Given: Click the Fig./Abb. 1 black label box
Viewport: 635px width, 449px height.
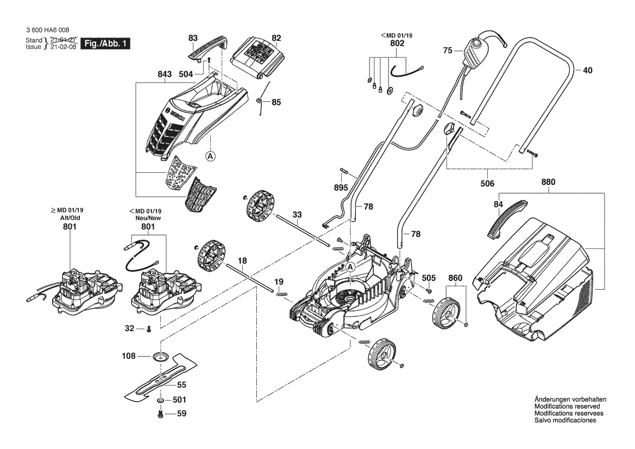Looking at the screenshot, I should (x=105, y=43).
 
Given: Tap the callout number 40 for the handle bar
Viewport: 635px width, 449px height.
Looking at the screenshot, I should (x=589, y=70).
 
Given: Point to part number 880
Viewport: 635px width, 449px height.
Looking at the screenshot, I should (x=548, y=184).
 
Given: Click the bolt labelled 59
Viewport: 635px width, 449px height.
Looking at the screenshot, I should (x=161, y=414).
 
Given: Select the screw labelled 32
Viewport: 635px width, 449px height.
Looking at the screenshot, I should (x=148, y=328).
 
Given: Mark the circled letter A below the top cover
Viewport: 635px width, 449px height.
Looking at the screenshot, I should (x=211, y=156).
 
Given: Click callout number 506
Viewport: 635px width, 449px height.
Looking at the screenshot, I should (x=488, y=184).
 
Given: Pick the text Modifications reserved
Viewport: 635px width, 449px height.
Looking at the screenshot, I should (x=567, y=407).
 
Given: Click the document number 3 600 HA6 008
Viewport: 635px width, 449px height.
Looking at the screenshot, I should (x=47, y=30).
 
